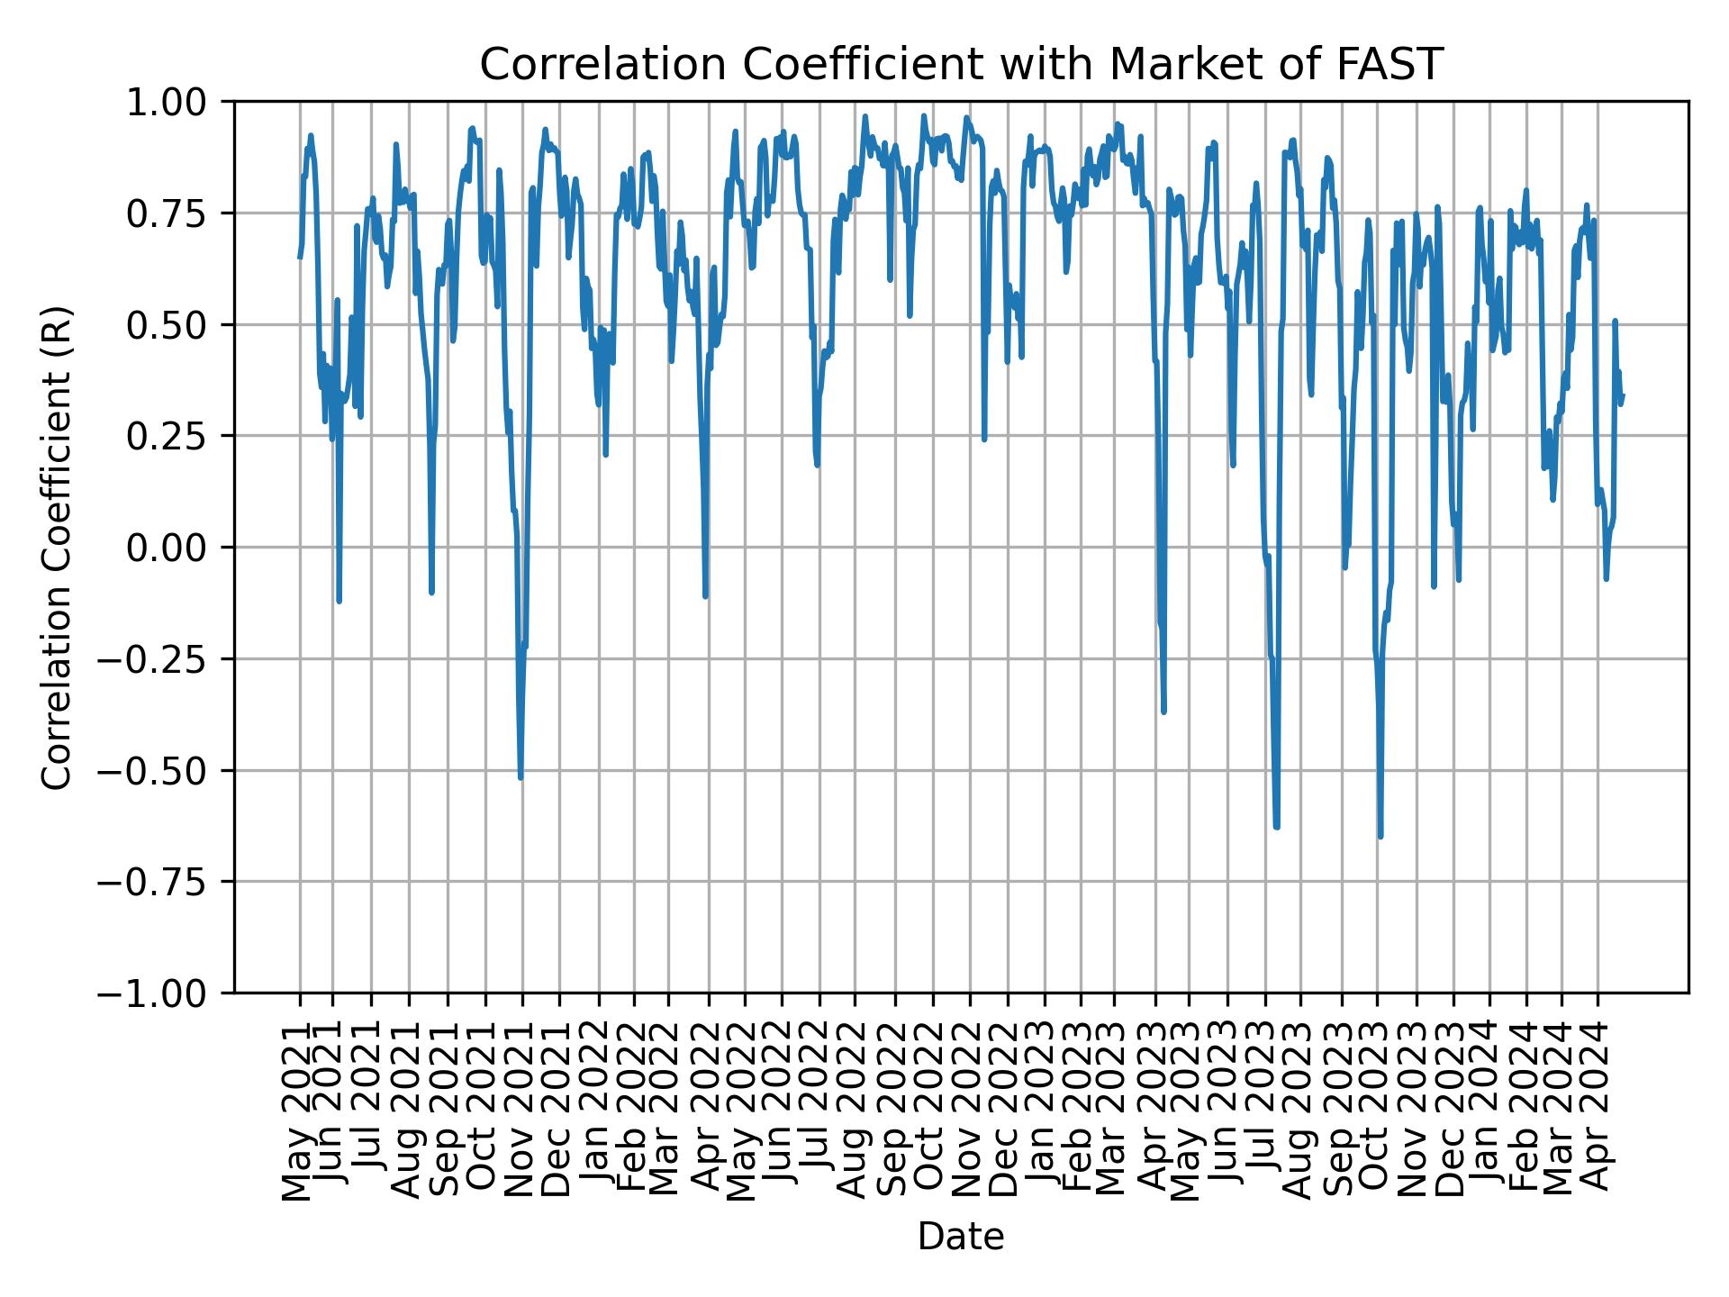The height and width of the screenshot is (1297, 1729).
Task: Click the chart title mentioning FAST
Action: tap(961, 65)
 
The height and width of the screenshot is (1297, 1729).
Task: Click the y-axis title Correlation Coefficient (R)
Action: tap(56, 547)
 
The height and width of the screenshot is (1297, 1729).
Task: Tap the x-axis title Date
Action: tap(961, 1237)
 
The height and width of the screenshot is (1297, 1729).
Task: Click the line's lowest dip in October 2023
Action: tap(1380, 837)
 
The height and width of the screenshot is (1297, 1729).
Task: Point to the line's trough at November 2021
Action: tap(521, 777)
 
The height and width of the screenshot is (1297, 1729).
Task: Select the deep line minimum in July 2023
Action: tap(1276, 827)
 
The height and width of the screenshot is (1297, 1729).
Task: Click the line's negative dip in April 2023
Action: tap(1163, 712)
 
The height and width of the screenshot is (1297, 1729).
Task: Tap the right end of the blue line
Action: tap(1623, 395)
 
